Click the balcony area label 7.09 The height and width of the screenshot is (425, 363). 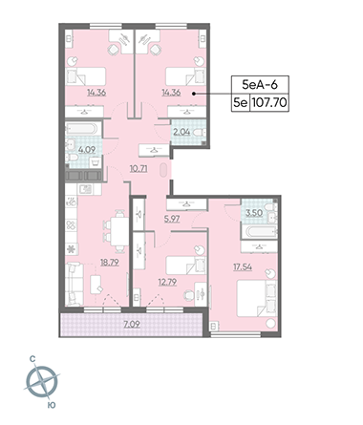[x=132, y=325]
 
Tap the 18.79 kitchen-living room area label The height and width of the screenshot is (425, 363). [x=110, y=263]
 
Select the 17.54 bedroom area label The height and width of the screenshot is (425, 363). [x=243, y=266]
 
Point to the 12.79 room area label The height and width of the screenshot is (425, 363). [x=167, y=282]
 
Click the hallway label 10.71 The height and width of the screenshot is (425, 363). [x=139, y=168]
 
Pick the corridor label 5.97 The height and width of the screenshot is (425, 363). [x=172, y=219]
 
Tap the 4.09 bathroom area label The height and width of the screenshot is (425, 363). [x=87, y=149]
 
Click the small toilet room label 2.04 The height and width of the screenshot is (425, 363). [x=181, y=132]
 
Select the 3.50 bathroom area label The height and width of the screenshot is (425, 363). [x=254, y=213]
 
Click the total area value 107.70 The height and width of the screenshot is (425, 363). [x=269, y=103]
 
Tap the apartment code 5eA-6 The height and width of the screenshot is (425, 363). [x=260, y=85]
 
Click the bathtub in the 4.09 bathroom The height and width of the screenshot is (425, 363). [x=81, y=129]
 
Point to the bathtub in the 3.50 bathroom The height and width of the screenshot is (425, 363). [x=259, y=231]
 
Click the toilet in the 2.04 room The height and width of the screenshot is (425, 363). [x=200, y=133]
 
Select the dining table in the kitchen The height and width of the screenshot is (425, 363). [x=119, y=231]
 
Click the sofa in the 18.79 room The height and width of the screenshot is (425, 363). [x=75, y=284]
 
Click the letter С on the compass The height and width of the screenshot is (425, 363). [x=32, y=359]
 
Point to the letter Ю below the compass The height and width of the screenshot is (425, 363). [x=52, y=405]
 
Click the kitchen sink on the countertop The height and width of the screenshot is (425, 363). [x=86, y=190]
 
